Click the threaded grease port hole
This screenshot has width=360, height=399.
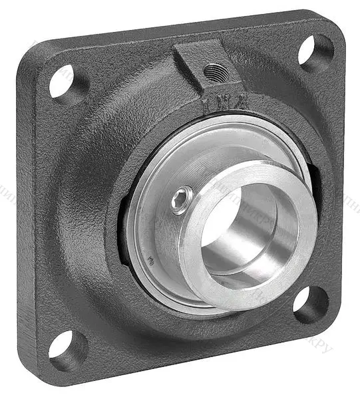[x=214, y=69]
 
